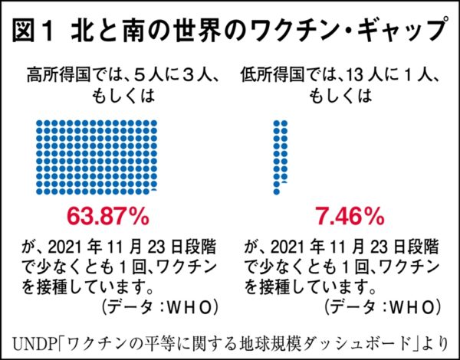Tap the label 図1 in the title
(39, 31)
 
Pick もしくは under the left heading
(124, 97)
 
